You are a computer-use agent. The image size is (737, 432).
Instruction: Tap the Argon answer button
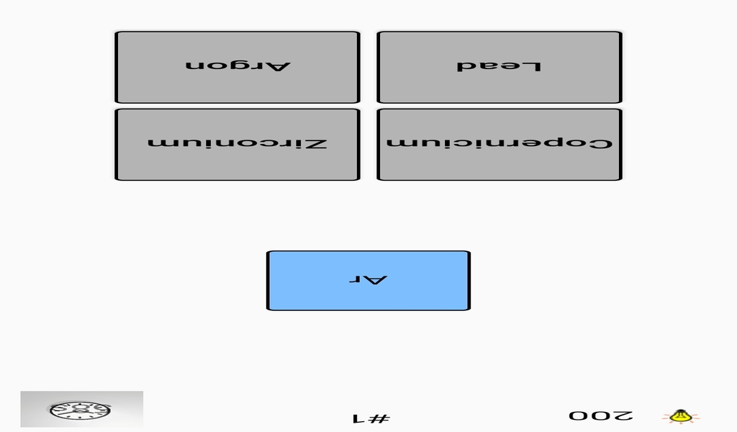238,67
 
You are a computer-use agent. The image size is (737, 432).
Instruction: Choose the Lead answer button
499,67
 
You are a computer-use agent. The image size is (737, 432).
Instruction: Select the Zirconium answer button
238,144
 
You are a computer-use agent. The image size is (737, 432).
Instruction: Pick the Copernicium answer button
499,144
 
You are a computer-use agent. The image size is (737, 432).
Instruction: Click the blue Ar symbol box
368,281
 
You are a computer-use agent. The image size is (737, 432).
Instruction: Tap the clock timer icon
81,410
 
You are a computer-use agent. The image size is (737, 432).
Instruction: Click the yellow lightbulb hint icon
681,416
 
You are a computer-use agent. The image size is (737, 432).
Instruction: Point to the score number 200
601,415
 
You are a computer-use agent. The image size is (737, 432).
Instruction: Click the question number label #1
371,418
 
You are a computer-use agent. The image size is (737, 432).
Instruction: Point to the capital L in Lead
533,66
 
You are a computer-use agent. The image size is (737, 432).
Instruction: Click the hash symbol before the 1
381,418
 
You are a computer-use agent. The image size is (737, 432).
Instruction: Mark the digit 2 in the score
624,415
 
